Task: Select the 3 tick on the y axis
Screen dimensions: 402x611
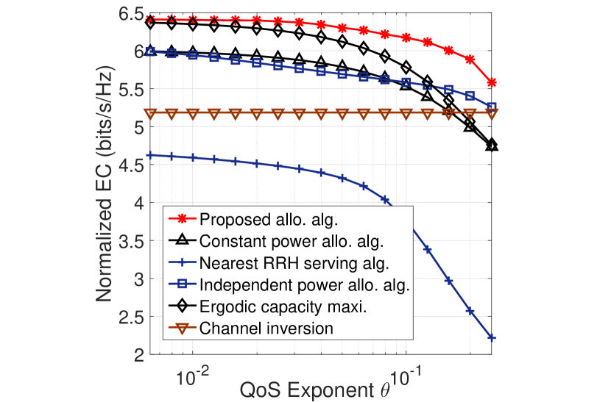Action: click(138, 279)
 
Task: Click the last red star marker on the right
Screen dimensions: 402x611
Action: click(492, 82)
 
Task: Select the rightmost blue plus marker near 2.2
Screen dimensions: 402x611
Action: click(492, 338)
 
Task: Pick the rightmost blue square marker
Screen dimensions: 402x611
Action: click(492, 107)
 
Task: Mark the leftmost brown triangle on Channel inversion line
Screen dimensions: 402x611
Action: click(151, 113)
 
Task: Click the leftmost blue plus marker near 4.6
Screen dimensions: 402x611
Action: click(151, 155)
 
